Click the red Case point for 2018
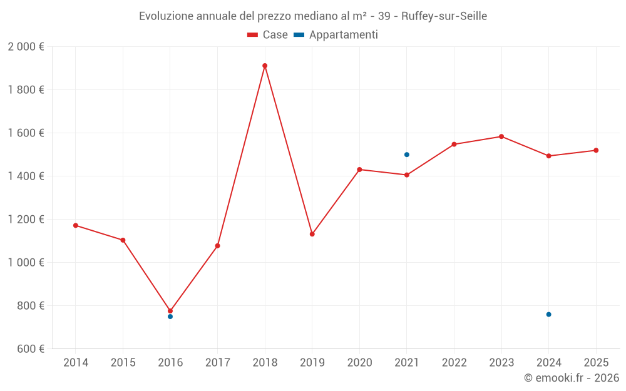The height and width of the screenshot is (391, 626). coord(265,66)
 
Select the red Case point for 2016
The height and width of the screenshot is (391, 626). coord(170,311)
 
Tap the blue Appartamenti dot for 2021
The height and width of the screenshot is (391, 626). coord(407,155)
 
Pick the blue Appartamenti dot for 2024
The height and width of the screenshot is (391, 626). coord(549,315)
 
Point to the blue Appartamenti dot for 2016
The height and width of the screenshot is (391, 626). coord(170,317)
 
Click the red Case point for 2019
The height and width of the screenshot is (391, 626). coord(312,235)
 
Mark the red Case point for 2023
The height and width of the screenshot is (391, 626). coord(501,136)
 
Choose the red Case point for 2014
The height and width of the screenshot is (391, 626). coord(76,225)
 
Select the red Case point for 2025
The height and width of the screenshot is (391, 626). coord(596,150)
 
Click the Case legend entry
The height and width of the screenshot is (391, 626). coord(268,35)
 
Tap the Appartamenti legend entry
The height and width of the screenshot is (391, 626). coord(336,35)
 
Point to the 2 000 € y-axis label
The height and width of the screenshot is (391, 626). coord(26,47)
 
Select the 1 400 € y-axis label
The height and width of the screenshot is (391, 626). coord(26,176)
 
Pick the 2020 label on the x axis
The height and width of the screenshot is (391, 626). coord(359,363)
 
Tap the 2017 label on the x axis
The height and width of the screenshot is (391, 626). coord(217,363)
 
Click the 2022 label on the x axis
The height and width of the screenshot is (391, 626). coord(454,363)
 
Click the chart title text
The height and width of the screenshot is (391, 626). coord(313,16)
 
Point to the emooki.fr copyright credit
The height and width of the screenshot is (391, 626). coord(572,378)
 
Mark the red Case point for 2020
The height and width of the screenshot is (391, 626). coord(359,170)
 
